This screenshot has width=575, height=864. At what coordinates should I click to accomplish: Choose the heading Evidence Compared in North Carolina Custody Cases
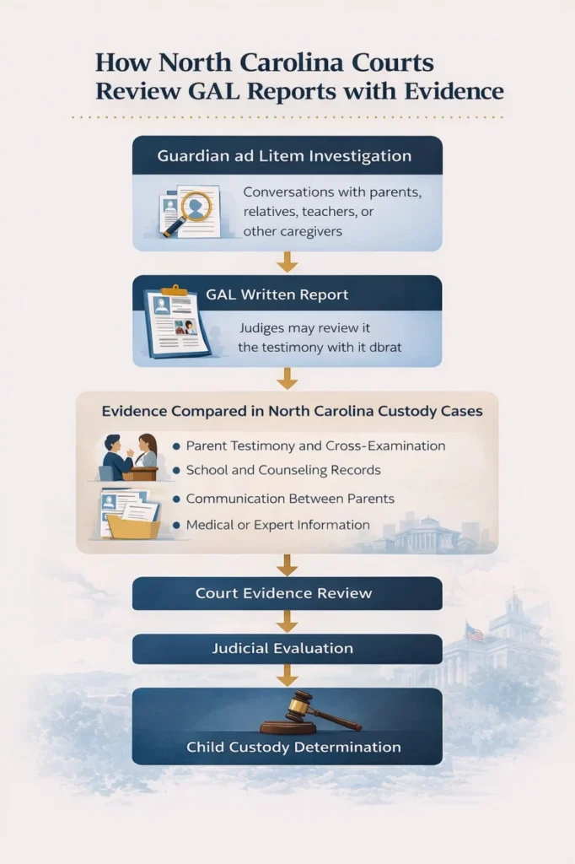(x=292, y=412)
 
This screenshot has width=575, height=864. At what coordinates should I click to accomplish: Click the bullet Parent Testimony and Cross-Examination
(x=315, y=445)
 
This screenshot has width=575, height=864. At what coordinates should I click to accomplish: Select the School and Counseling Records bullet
(x=283, y=470)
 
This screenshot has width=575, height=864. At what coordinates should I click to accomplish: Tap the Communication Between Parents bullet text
(x=290, y=499)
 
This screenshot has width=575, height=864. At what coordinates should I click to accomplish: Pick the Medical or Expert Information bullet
(x=277, y=525)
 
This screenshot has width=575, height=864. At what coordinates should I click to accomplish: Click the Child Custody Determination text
(x=293, y=748)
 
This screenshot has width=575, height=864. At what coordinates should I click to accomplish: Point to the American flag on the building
(x=476, y=631)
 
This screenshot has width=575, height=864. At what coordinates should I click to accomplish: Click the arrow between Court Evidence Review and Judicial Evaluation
(x=287, y=622)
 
